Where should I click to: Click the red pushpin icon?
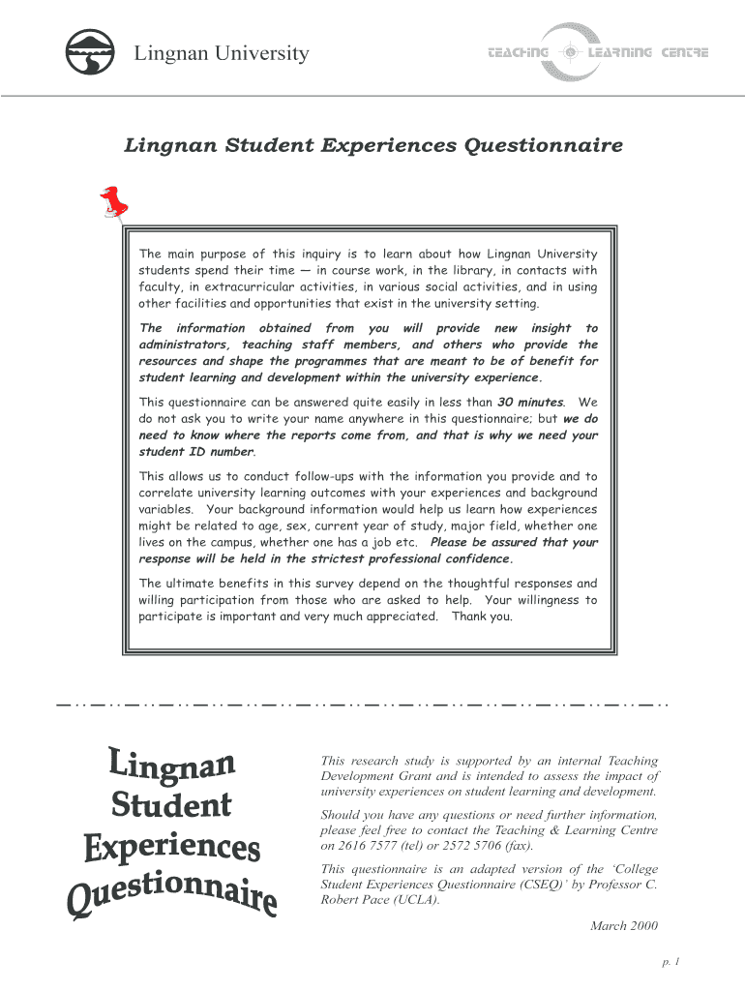114,202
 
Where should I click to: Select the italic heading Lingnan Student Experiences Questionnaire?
373,146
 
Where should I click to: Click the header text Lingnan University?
222,54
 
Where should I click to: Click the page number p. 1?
671,962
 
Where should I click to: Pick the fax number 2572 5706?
471,845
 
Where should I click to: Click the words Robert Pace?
355,900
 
